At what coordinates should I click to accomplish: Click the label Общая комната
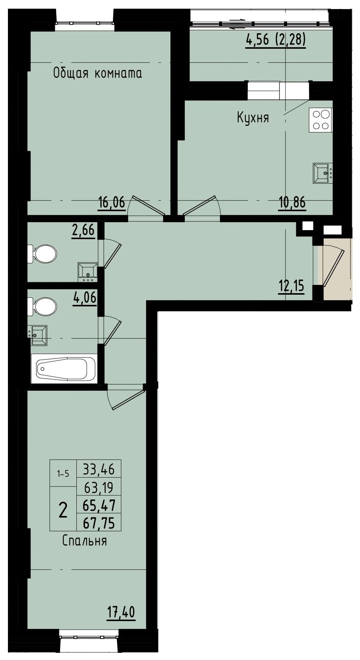click(x=97, y=73)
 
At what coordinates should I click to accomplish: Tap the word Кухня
click(x=253, y=117)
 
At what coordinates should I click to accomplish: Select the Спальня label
click(x=85, y=541)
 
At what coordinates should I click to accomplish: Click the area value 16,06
click(x=111, y=203)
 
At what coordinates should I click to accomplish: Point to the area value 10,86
click(x=292, y=203)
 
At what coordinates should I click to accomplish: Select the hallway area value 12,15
click(x=291, y=287)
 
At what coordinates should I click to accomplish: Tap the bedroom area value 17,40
click(x=121, y=612)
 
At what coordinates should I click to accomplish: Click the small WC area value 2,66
click(x=83, y=230)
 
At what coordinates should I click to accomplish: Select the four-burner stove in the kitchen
click(x=320, y=120)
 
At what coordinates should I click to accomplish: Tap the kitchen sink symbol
click(x=322, y=173)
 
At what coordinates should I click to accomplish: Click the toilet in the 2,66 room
click(x=44, y=253)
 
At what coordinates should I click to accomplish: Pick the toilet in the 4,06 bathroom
click(x=44, y=306)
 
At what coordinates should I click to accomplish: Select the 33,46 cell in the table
click(x=99, y=469)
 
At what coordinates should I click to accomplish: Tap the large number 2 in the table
click(x=63, y=510)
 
